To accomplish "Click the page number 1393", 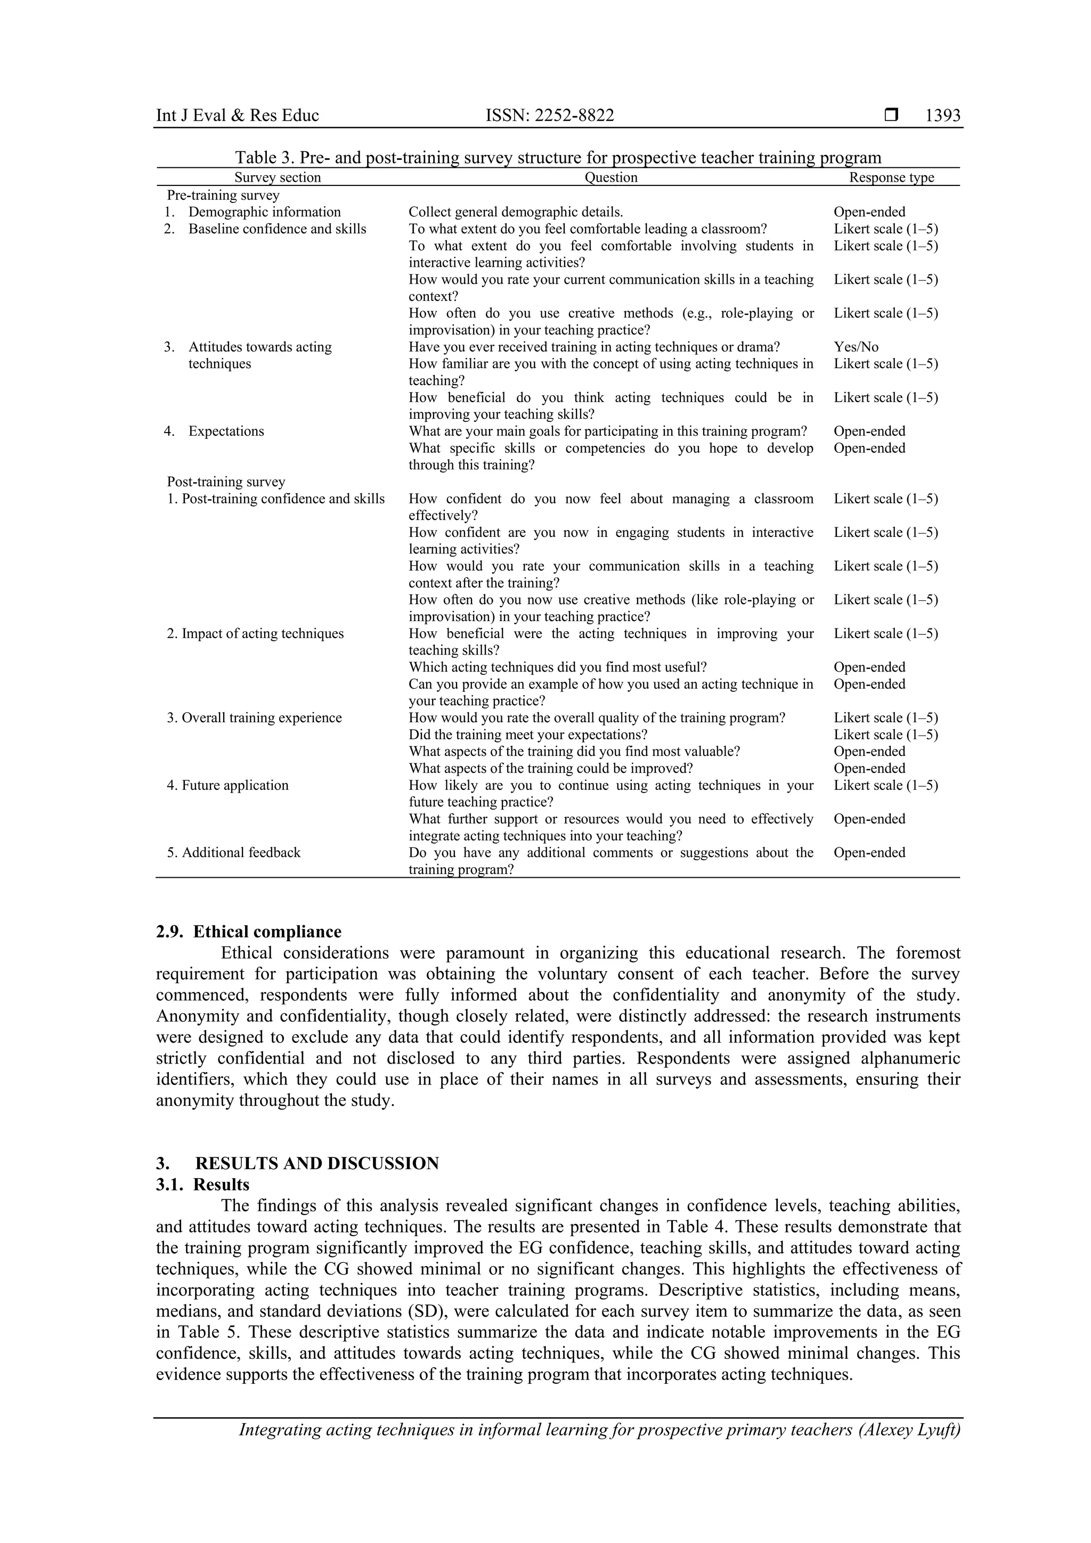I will point(942,116).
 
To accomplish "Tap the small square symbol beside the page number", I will point(891,116).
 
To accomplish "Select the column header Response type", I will point(891,177).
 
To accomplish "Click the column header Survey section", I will point(277,177).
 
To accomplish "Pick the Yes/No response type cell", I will point(856,347).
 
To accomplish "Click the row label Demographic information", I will point(264,211).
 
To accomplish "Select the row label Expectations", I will point(226,431).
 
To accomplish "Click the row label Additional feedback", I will point(241,852).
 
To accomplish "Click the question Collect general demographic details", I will point(516,211).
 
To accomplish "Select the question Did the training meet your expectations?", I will point(528,734).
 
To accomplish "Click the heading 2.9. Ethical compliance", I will point(249,932).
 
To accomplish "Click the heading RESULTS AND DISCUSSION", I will point(316,1163).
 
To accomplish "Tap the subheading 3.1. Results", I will point(202,1184).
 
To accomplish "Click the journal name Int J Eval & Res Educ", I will point(237,116).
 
